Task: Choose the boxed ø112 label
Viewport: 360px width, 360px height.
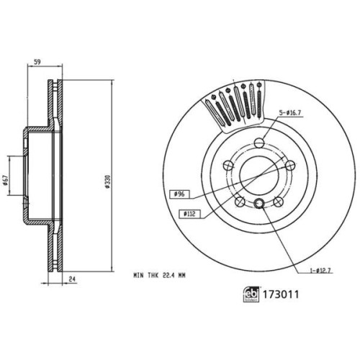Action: point(189,214)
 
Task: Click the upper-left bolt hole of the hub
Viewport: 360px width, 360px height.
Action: point(228,165)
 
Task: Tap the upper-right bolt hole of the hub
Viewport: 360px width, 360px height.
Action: point(288,166)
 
